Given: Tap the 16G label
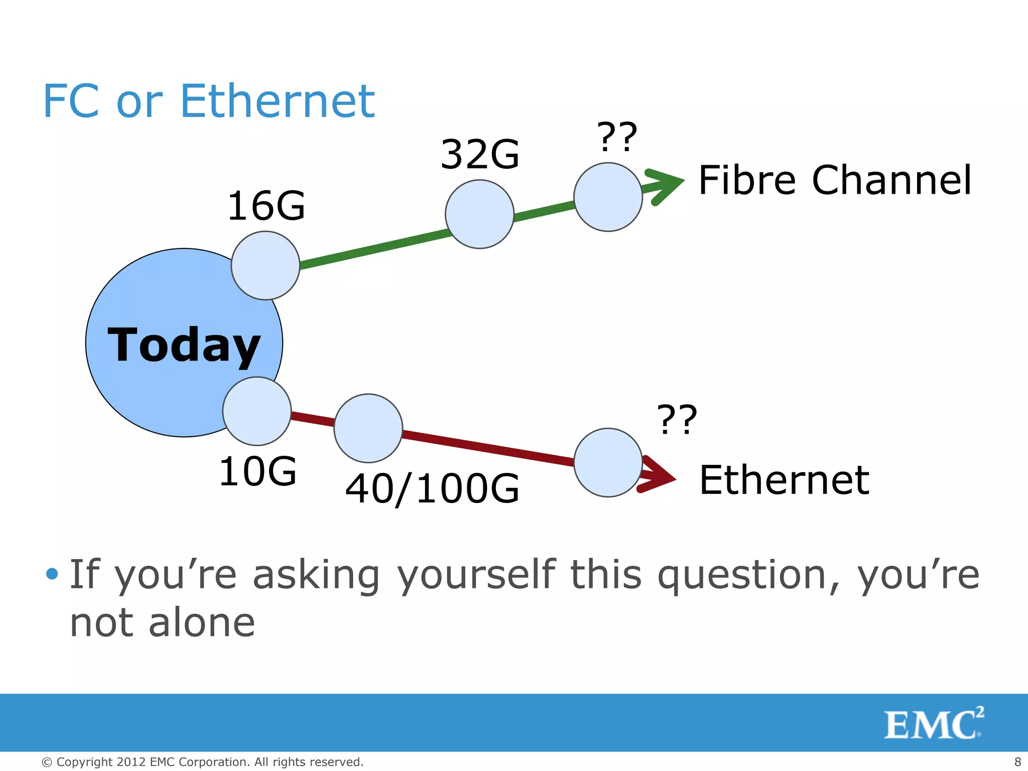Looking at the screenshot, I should [x=266, y=206].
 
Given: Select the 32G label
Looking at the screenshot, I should [x=480, y=154].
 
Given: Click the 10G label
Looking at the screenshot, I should [x=258, y=471].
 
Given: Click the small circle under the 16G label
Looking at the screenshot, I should [x=266, y=266].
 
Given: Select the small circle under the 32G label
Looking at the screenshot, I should [x=479, y=214].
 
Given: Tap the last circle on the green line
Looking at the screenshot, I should [x=608, y=197].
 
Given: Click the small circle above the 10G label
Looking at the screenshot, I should [x=257, y=411].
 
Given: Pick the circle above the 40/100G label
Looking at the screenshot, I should [x=368, y=428].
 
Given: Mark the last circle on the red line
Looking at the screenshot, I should [x=608, y=462].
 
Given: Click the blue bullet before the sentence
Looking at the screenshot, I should [x=52, y=573].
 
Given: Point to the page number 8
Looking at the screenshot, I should [x=1017, y=761].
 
